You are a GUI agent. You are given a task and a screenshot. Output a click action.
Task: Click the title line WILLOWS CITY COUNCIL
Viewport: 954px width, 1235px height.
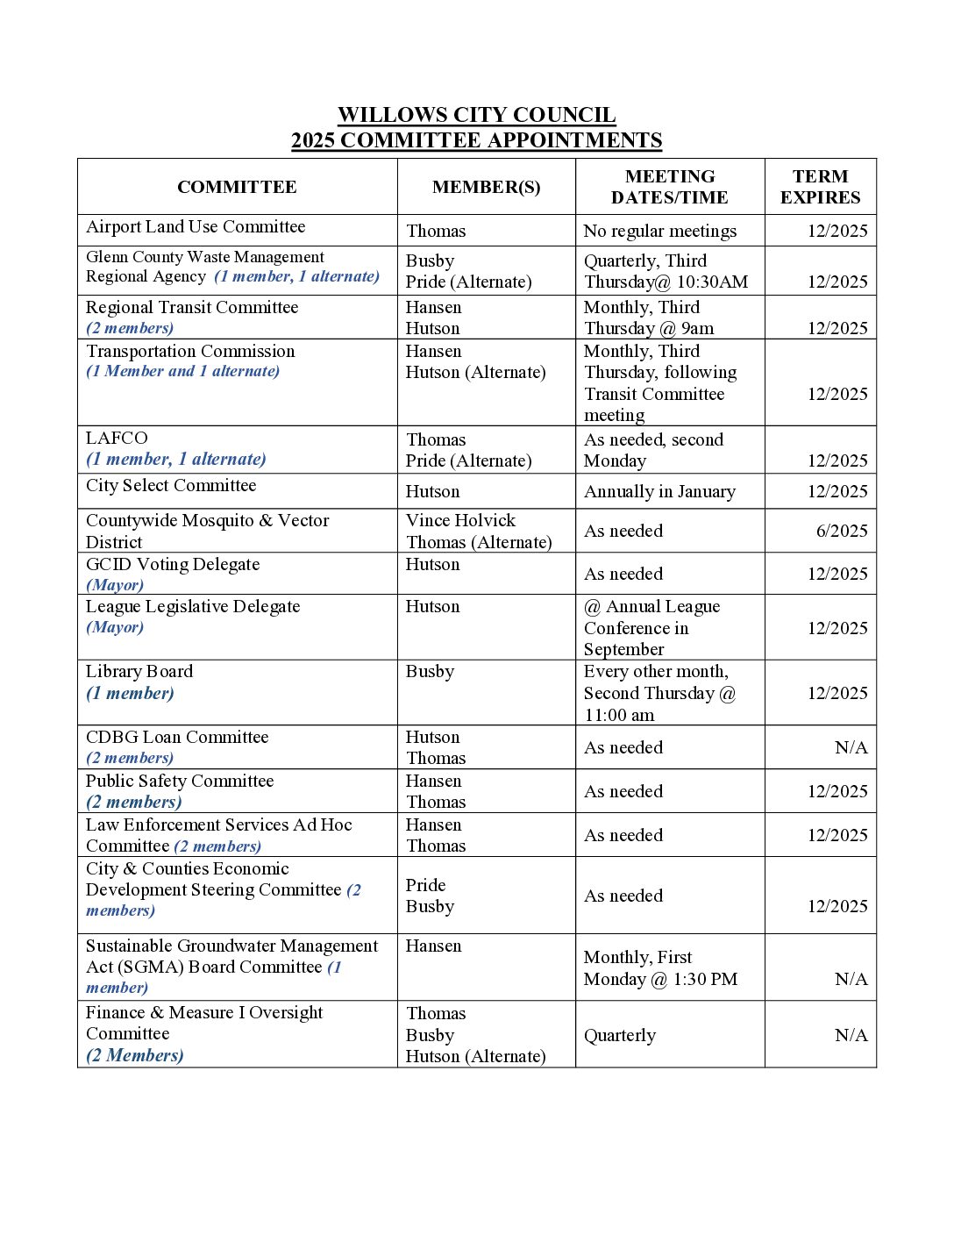click(x=476, y=115)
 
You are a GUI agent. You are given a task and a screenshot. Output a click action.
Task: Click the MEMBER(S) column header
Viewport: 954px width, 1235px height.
click(x=486, y=187)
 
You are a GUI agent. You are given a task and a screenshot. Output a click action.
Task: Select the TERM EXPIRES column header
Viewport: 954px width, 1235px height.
click(x=820, y=187)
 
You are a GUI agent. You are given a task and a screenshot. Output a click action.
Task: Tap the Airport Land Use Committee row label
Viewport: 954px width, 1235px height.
click(x=196, y=227)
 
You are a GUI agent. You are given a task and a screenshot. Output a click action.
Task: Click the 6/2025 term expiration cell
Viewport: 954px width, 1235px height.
click(x=841, y=531)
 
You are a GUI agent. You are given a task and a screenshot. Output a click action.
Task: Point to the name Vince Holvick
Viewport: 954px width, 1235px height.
click(x=460, y=520)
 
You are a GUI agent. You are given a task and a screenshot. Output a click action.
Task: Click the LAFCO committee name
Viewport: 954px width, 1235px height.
click(x=117, y=438)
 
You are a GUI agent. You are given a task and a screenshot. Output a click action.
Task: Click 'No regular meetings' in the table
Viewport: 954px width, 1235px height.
click(x=659, y=231)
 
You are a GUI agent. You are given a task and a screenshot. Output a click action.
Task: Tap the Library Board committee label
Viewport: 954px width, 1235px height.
click(x=139, y=671)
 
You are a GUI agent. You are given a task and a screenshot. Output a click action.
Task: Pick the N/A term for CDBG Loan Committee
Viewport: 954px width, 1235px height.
click(x=851, y=747)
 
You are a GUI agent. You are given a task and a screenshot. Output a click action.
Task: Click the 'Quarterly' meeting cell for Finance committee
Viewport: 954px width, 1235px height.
click(x=619, y=1035)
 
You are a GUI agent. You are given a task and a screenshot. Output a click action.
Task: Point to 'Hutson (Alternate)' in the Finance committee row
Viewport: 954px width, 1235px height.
click(x=475, y=1056)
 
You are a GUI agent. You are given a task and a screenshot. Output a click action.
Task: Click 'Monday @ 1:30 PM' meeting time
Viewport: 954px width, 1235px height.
click(x=660, y=979)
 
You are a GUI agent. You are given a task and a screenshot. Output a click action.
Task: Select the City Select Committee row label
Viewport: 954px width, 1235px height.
click(x=171, y=485)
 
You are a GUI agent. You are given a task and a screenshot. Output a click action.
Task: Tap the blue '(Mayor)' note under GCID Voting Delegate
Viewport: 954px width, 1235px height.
click(x=115, y=585)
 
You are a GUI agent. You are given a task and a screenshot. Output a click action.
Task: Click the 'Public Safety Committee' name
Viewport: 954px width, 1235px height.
click(x=180, y=781)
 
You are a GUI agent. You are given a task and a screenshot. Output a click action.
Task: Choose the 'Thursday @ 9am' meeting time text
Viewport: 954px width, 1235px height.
click(x=649, y=328)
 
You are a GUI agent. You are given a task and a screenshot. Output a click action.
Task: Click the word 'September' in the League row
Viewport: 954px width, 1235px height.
click(x=623, y=649)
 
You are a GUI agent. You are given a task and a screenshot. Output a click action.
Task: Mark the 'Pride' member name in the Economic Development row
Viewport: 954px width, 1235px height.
click(x=425, y=885)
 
